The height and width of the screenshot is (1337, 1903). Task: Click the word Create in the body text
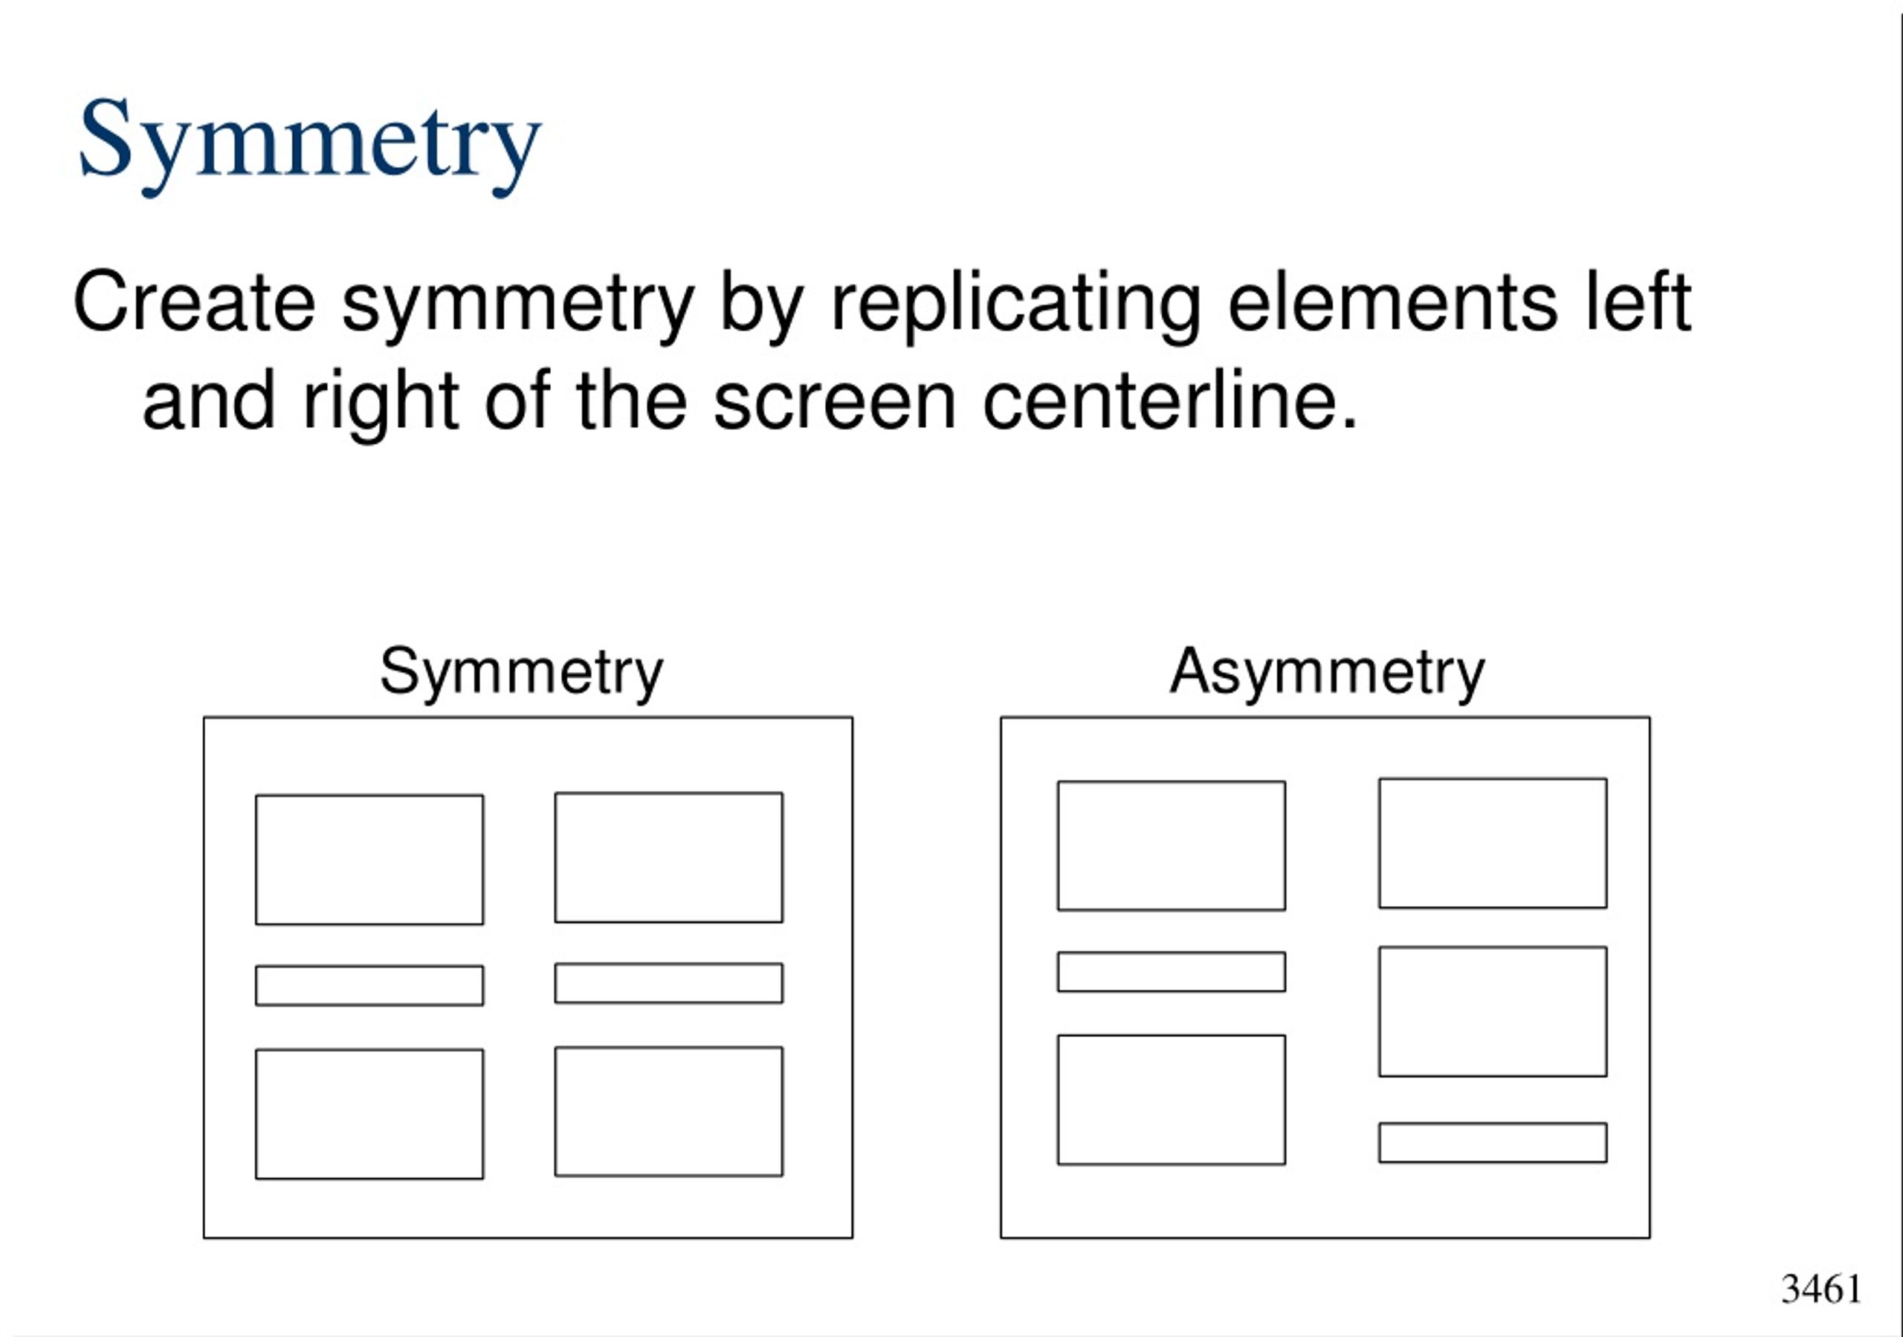click(194, 302)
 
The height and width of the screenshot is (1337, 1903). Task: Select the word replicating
click(1015, 307)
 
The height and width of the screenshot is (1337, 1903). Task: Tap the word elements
click(1392, 302)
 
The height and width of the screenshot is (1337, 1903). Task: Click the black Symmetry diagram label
click(521, 673)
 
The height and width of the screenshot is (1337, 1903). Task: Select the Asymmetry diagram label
click(1327, 673)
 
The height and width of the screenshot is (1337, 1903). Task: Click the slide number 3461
click(1822, 1289)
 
